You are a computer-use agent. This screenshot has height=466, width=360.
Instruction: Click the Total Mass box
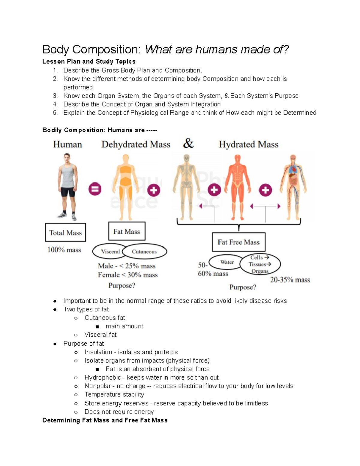(x=65, y=233)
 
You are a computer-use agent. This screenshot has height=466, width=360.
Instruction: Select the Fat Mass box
(x=127, y=231)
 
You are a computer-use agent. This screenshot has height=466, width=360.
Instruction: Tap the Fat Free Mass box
(x=238, y=242)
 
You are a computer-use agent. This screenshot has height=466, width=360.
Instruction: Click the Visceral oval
(x=110, y=251)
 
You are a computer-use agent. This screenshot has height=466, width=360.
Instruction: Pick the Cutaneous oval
(x=145, y=251)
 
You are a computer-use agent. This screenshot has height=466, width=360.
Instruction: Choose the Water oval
(x=227, y=262)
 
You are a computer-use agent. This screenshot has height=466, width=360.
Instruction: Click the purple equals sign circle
(x=95, y=189)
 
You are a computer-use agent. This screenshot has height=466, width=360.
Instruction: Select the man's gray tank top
(x=67, y=175)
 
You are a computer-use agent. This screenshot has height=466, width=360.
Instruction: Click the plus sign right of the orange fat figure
(x=154, y=190)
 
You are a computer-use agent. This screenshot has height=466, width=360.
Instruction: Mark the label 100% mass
(x=64, y=250)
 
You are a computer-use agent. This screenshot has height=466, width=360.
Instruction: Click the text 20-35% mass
(x=290, y=280)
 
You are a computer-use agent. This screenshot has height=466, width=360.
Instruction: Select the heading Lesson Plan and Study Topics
(x=89, y=62)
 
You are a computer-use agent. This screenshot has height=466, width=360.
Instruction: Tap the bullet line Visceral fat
(x=100, y=335)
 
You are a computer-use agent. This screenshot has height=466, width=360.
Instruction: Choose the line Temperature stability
(x=114, y=394)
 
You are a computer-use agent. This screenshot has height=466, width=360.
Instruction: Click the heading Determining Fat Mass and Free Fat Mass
(x=105, y=420)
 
